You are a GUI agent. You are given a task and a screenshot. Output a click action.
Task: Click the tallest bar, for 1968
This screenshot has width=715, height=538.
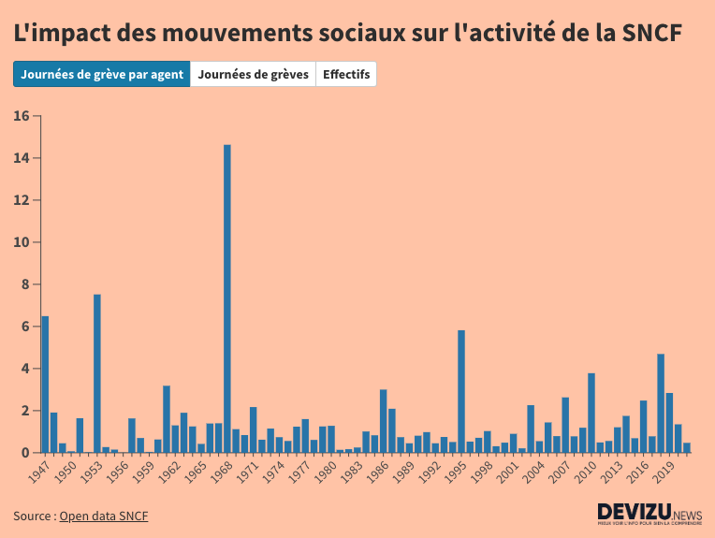point(227,298)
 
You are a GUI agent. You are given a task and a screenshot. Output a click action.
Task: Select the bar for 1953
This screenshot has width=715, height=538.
point(97,373)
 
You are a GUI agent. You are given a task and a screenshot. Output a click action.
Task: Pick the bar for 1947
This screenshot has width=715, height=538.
point(45,385)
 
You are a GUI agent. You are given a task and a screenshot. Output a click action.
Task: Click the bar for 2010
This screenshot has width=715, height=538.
point(591,413)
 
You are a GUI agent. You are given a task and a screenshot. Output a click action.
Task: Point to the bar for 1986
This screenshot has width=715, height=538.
point(384,421)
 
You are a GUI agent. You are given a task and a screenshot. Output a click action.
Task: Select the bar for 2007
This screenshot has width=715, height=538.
point(565,425)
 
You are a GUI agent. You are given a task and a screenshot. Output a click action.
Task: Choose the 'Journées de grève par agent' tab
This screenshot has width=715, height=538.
point(102,74)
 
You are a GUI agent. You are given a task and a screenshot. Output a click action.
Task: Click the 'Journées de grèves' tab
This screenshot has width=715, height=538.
point(253,74)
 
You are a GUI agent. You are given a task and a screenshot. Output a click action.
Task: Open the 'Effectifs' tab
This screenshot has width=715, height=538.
point(346,74)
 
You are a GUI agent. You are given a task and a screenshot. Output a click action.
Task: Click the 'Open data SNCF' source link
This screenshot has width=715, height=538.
point(103,516)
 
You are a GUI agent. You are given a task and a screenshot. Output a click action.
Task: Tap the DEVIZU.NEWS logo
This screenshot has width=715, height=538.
point(649,514)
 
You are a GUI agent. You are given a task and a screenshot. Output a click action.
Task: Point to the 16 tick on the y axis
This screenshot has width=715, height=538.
point(22,116)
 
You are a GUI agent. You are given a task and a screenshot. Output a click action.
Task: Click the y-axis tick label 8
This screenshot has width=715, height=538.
point(26,284)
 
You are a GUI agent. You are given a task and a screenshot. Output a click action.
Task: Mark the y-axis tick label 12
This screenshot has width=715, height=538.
point(22,200)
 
